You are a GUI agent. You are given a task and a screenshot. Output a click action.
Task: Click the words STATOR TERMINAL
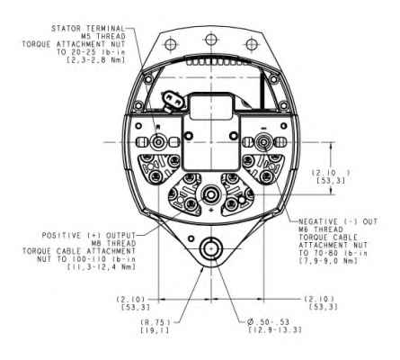tap(88, 29)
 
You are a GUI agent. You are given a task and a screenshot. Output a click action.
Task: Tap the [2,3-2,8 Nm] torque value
tap(95, 59)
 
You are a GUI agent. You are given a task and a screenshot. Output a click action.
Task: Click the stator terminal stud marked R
tap(158, 141)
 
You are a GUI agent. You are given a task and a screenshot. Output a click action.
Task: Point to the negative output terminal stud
tap(263, 141)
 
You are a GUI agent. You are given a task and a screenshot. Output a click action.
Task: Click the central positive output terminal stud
tap(211, 195)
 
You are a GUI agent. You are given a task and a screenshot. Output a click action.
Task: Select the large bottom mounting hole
tap(211, 249)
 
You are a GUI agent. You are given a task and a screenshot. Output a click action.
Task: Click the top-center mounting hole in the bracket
tap(211, 39)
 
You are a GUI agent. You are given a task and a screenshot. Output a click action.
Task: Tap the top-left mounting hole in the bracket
tap(170, 44)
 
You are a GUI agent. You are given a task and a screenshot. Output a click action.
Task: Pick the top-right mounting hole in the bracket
tap(252, 44)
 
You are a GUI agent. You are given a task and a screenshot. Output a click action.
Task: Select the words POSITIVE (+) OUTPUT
tap(89, 236)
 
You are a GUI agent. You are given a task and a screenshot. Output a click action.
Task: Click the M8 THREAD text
tap(113, 243)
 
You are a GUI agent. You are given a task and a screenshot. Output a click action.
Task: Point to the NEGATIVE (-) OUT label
tap(338, 221)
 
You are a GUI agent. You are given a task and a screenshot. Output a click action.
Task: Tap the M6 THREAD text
tap(321, 229)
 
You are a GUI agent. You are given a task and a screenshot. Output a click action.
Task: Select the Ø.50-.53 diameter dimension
tap(269, 322)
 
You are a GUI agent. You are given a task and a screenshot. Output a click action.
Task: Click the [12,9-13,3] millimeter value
tap(275, 330)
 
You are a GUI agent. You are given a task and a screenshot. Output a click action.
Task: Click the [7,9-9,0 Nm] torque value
tap(328, 261)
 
